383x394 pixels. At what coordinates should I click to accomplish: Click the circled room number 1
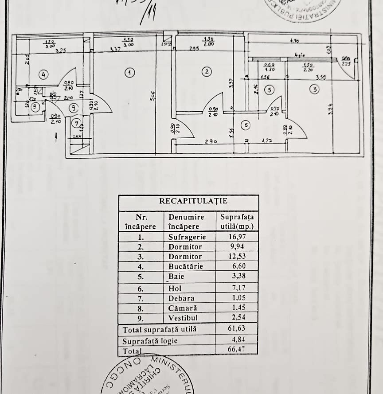tap(129, 73)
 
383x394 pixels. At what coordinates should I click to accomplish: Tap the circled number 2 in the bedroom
tap(206, 71)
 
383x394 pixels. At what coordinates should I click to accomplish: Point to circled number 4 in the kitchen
tap(43, 74)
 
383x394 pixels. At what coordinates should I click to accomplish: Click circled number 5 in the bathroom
tap(268, 90)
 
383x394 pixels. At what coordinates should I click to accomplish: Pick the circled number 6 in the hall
tap(246, 125)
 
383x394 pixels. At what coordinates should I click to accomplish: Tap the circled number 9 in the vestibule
tap(74, 106)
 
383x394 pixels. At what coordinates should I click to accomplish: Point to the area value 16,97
tap(237, 237)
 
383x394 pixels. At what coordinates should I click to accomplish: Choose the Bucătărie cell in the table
tap(185, 266)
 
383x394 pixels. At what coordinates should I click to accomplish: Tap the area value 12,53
tap(237, 257)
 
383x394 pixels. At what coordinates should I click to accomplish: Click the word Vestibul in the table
tap(183, 318)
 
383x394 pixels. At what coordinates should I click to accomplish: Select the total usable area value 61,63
tap(237, 329)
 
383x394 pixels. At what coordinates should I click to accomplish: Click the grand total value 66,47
tap(237, 350)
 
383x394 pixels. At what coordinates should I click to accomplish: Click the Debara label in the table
tap(181, 298)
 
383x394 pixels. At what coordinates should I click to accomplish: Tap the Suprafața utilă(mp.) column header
tap(237, 222)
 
